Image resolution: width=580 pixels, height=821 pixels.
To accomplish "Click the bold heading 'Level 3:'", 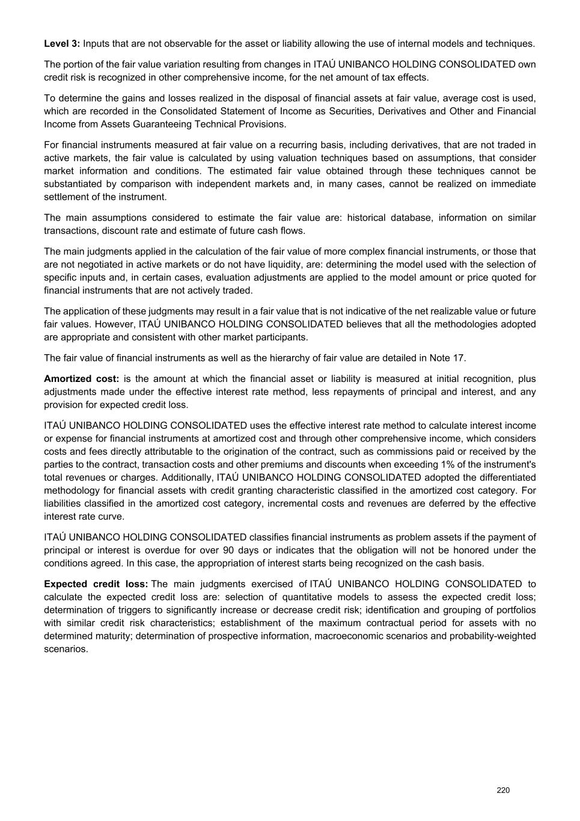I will pos(62,44).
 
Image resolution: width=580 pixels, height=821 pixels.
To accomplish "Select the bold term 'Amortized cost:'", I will pos(81,379).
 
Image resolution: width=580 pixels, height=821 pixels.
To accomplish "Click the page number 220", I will pos(503,790).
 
